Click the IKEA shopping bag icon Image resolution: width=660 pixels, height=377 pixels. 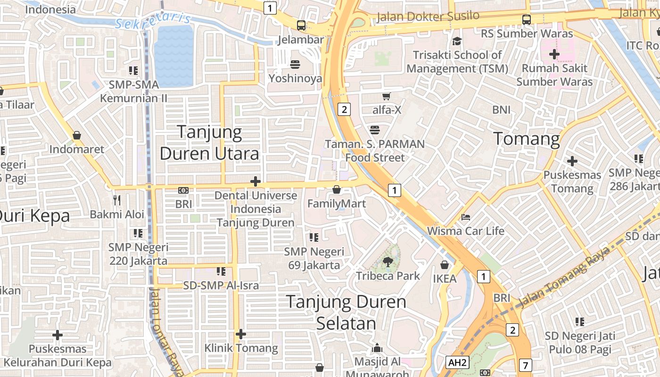444,265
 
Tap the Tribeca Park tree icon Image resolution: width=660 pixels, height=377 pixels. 388,262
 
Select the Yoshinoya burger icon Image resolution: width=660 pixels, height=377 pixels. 295,65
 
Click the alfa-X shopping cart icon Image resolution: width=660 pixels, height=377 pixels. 386,96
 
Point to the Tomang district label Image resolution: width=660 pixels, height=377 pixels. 526,139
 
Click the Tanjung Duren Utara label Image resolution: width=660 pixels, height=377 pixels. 209,143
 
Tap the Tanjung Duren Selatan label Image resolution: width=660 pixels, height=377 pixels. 346,312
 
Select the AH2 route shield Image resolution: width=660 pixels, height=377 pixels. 457,362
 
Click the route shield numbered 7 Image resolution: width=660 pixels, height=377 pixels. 526,365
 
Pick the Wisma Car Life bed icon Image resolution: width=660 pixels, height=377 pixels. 465,217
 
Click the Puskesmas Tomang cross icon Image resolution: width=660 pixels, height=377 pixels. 572,161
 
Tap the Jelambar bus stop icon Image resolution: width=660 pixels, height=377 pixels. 301,25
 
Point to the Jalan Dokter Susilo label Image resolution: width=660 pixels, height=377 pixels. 428,17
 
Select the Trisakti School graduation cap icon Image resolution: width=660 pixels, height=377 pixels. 456,41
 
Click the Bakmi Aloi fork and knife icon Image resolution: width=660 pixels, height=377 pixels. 117,200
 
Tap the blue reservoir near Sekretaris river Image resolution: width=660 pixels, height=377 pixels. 174,56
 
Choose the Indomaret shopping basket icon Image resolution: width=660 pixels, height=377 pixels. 77,136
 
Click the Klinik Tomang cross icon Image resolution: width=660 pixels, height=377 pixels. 241,334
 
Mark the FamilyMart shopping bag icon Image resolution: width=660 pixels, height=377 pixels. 337,189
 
